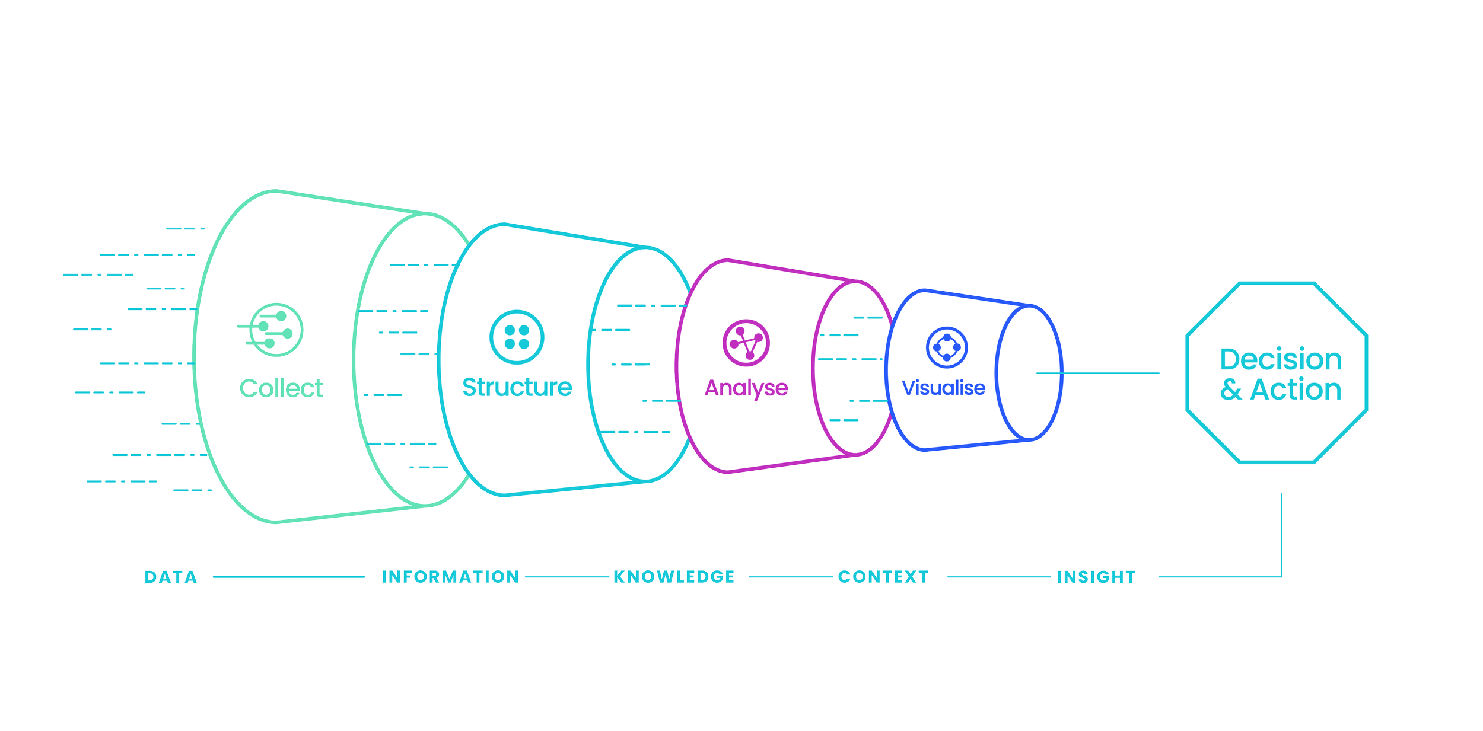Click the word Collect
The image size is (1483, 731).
(x=282, y=389)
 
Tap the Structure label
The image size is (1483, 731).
(x=517, y=388)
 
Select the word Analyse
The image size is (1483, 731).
(x=746, y=388)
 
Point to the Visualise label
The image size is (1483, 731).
(x=943, y=388)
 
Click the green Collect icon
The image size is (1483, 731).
(x=275, y=330)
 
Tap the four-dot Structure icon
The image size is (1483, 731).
(x=517, y=337)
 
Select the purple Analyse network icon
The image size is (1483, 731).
(x=746, y=343)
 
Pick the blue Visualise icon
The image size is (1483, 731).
(x=947, y=347)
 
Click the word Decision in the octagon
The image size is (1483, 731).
(x=1281, y=359)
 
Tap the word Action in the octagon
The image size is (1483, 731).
(x=1296, y=390)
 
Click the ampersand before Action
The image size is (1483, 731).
(x=1231, y=390)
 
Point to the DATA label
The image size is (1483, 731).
(x=171, y=577)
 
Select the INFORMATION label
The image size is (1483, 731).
(x=451, y=577)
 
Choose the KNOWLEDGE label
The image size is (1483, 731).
(x=674, y=577)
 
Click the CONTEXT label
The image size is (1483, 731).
(x=883, y=577)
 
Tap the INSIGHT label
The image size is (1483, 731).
(x=1096, y=577)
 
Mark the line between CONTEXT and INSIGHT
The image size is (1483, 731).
(x=1001, y=576)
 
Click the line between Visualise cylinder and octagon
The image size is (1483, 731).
(x=1097, y=373)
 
